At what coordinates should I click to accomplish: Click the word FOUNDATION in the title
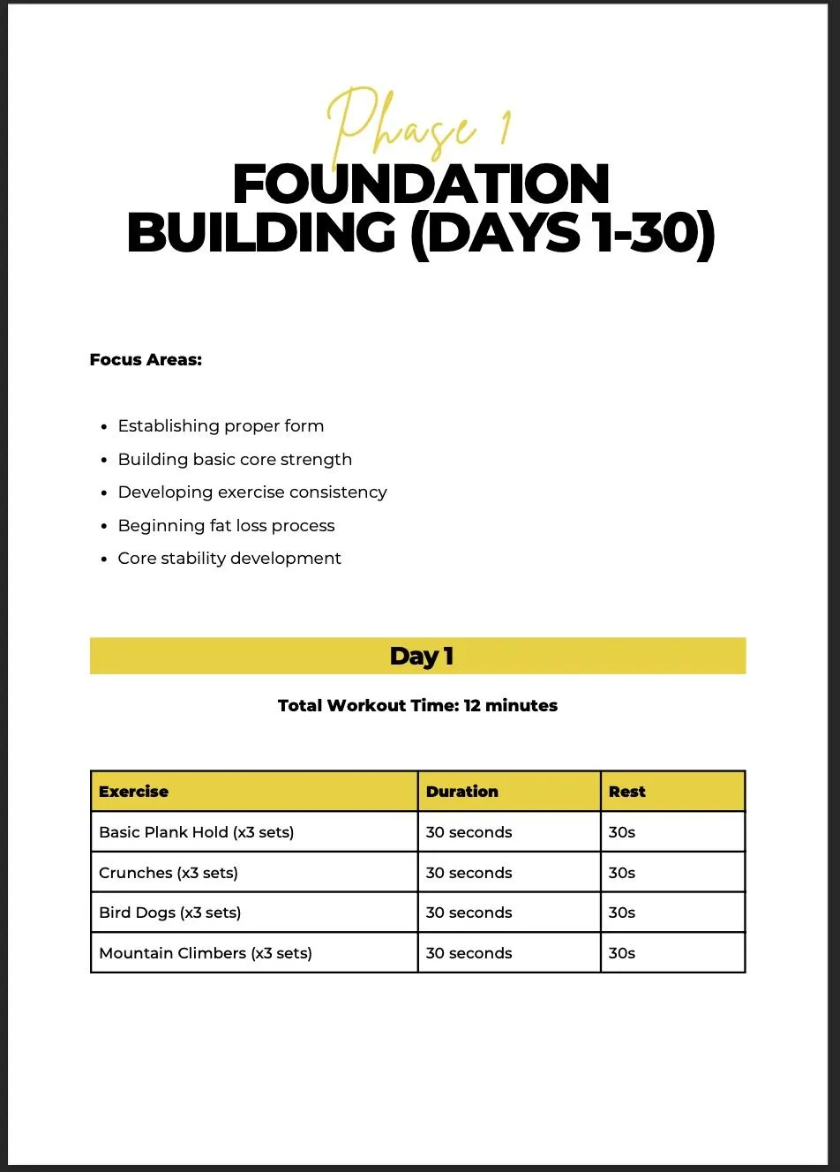tap(421, 184)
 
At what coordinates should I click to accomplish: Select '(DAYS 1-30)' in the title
tap(563, 234)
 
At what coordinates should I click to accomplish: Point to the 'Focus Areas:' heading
tap(146, 360)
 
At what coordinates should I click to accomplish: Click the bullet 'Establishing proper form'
tap(221, 426)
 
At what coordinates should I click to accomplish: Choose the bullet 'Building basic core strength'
tap(235, 460)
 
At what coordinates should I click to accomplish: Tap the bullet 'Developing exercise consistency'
tap(252, 492)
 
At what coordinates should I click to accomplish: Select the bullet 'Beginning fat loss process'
tap(226, 526)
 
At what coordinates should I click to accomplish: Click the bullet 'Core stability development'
tap(229, 559)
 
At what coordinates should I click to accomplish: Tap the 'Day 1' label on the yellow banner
tap(421, 657)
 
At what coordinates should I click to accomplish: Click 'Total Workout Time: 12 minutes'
tap(417, 706)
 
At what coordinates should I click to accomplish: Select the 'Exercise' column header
tap(134, 792)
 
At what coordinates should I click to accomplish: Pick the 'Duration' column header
tap(461, 792)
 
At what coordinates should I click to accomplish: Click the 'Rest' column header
tap(627, 792)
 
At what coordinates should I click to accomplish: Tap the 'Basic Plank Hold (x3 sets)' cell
tap(197, 832)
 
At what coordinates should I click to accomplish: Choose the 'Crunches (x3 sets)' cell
tap(169, 873)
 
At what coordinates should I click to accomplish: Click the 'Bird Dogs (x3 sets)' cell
tap(170, 913)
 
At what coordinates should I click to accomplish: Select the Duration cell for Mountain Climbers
tap(469, 953)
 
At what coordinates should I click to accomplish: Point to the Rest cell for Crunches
tap(622, 873)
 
